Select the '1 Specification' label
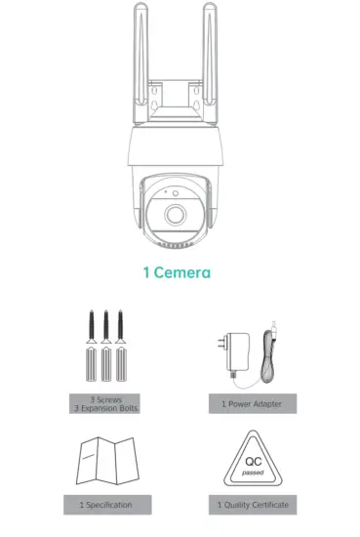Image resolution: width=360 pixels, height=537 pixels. pyautogui.click(x=102, y=505)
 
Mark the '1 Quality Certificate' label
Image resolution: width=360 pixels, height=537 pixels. pyautogui.click(x=252, y=505)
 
